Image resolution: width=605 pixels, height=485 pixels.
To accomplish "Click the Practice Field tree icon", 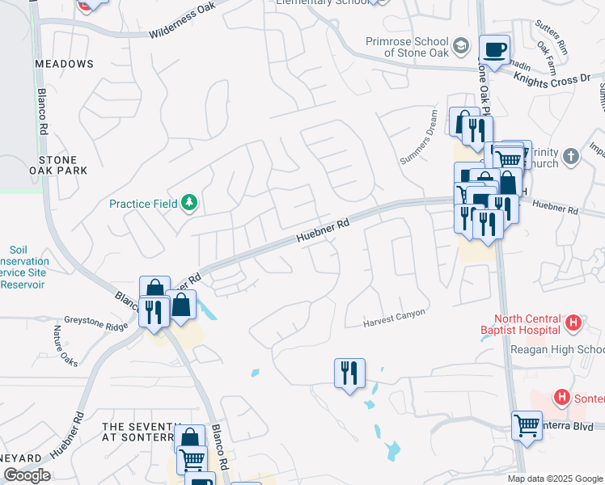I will tap(190, 202).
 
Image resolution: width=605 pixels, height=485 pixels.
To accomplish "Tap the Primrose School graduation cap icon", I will tap(461, 45).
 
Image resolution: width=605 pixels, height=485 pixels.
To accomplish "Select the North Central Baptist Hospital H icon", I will tap(573, 323).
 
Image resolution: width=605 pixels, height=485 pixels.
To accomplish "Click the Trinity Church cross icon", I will tap(571, 156).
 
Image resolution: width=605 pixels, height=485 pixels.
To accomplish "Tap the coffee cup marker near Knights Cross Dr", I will tap(494, 49).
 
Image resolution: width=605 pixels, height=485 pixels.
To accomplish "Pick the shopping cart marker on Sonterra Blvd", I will tap(527, 424).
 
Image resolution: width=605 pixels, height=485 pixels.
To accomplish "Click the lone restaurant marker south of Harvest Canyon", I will tap(349, 373).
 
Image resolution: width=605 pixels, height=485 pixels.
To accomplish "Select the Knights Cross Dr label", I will tap(551, 78).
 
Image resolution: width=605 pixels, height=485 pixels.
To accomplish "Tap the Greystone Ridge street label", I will tap(96, 320).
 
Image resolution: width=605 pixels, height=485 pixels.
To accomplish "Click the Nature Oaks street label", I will tap(66, 345).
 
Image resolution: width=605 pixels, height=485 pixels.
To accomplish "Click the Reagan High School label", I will tap(557, 349).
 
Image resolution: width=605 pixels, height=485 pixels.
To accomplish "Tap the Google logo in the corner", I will tap(27, 474).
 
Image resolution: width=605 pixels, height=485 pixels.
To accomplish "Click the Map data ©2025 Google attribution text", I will tap(555, 479).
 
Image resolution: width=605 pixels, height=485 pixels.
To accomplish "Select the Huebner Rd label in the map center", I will tap(323, 230).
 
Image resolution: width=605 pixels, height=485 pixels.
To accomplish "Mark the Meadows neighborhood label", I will tap(64, 63).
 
